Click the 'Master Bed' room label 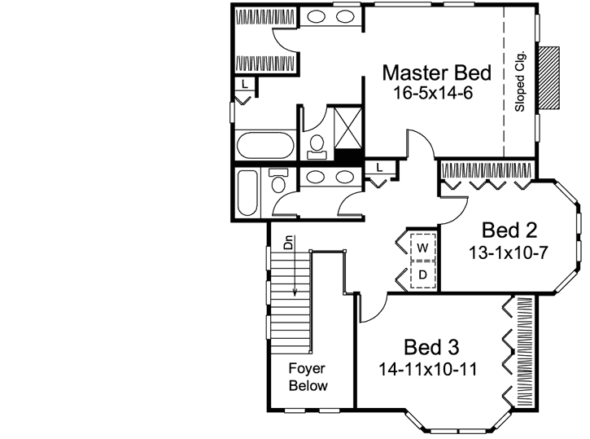436,73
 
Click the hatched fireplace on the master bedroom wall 552,78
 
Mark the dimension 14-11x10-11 428,368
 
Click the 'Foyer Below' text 308,377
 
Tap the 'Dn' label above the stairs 287,242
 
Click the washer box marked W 423,246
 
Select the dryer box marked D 423,274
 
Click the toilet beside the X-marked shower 317,147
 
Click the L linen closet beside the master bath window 245,84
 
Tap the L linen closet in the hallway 380,168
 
